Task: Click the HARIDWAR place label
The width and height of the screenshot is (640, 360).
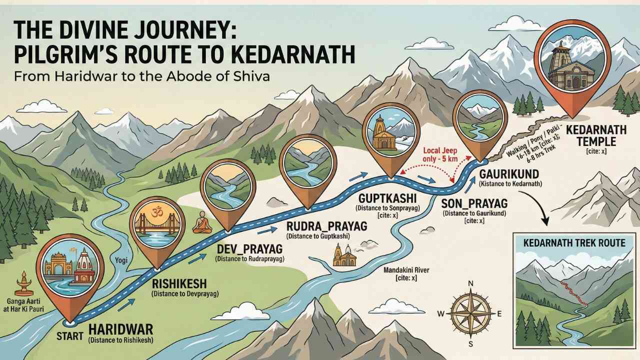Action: click(x=120, y=330)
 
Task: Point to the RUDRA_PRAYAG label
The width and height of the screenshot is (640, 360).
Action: click(x=326, y=226)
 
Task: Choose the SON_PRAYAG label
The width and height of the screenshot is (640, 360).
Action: click(x=474, y=203)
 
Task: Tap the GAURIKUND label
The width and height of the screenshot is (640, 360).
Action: click(x=508, y=174)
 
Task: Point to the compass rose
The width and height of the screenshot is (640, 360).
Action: click(x=470, y=312)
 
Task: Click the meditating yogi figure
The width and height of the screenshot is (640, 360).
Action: click(x=202, y=222)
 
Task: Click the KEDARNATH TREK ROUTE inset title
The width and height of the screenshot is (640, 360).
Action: click(x=574, y=243)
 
